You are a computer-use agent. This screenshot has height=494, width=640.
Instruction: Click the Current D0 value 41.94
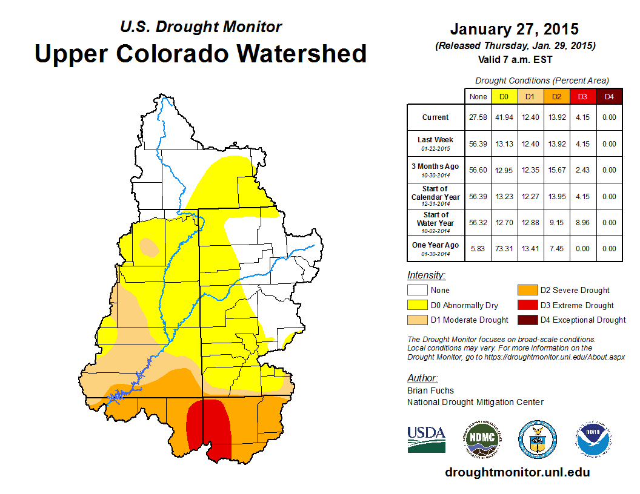[504, 117]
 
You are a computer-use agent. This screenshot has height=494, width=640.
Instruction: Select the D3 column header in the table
[582, 96]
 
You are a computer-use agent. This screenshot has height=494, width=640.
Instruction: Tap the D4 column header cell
[609, 96]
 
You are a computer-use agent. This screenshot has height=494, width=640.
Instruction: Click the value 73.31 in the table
[504, 249]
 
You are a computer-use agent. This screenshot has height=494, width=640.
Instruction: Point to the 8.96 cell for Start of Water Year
[582, 222]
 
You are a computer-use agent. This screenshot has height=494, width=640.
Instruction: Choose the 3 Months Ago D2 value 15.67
[556, 170]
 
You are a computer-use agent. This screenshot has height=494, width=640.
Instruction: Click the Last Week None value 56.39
[478, 144]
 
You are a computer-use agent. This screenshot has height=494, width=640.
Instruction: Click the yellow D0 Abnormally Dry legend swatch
[417, 305]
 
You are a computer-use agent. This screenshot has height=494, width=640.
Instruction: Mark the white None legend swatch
[417, 291]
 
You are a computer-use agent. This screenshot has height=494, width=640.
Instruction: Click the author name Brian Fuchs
[430, 390]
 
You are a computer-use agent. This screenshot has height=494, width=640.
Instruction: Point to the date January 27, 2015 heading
[514, 29]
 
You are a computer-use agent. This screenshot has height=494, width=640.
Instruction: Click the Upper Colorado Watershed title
[201, 53]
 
